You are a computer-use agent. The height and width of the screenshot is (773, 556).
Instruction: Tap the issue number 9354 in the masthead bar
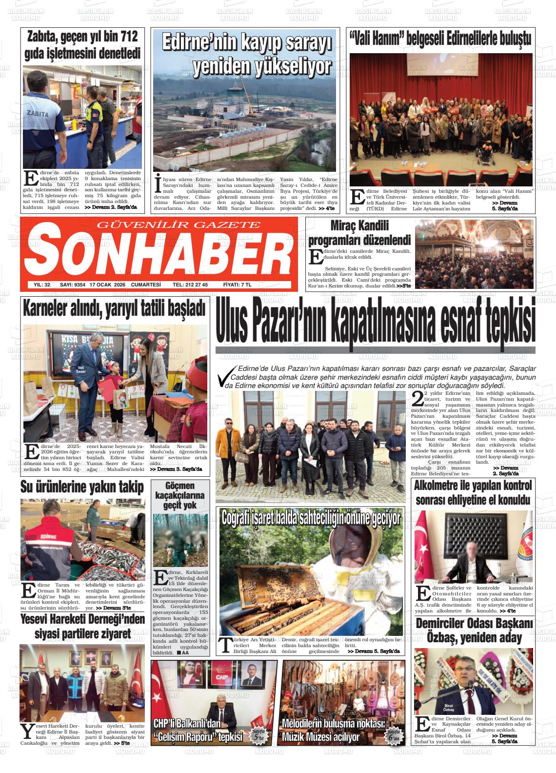pos(77,285)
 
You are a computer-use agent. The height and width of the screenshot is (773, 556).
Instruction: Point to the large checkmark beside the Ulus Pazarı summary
pos(225,378)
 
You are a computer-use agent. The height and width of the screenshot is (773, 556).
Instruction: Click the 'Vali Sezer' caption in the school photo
pos(80,369)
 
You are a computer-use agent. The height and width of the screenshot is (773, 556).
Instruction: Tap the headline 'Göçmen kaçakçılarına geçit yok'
pos(180,495)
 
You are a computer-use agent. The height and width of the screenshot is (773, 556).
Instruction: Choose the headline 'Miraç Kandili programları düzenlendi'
pos(359,233)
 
